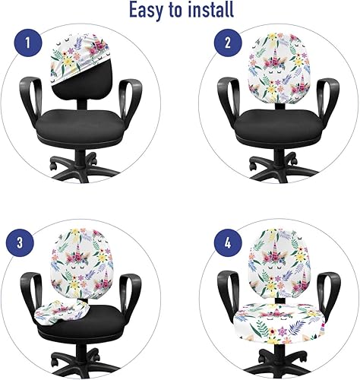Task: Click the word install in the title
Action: click(x=210, y=11)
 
